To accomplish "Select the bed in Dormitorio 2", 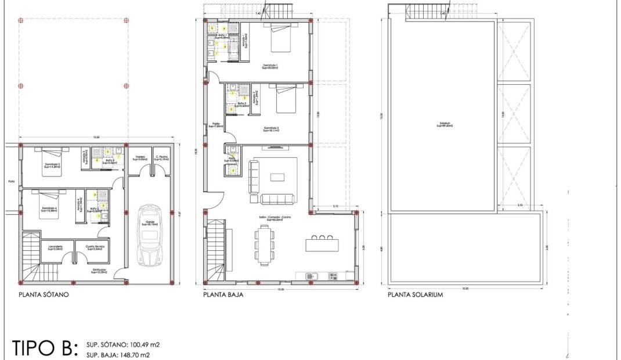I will click(286, 98).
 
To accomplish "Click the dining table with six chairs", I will click(265, 244).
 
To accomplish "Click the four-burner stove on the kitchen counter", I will click(334, 276).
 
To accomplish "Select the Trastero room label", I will click(140, 157).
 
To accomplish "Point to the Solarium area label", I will click(445, 124).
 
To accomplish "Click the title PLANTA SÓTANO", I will click(44, 295).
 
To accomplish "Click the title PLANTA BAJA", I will click(223, 295).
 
